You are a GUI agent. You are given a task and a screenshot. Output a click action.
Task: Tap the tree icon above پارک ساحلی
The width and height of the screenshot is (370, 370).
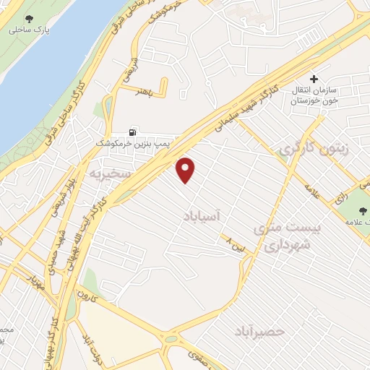(x=29, y=20)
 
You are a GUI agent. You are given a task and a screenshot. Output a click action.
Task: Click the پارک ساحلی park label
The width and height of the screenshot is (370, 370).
(x=28, y=32)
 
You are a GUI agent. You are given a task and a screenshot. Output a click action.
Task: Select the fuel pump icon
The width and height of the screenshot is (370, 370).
(x=132, y=132)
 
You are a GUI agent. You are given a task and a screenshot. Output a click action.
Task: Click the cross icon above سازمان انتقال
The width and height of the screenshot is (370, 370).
(x=314, y=78)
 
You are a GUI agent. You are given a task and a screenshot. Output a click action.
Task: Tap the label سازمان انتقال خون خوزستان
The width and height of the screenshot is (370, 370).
(x=317, y=96)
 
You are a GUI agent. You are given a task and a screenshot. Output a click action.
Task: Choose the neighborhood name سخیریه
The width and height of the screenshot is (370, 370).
(x=109, y=175)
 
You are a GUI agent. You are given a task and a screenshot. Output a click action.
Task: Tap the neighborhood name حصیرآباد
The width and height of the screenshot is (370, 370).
(x=261, y=331)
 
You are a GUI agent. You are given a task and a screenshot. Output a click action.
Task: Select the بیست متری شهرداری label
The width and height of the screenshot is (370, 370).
(x=286, y=237)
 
